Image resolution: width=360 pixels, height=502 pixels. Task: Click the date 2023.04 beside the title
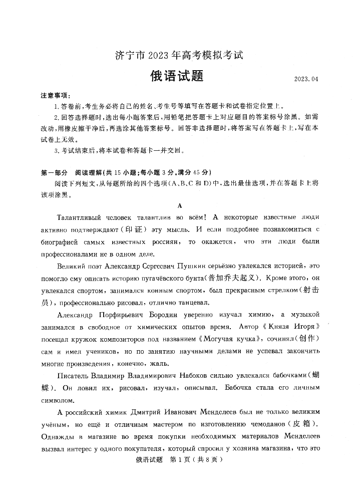click(x=306, y=79)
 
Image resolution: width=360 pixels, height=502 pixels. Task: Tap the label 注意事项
click(x=55, y=95)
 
